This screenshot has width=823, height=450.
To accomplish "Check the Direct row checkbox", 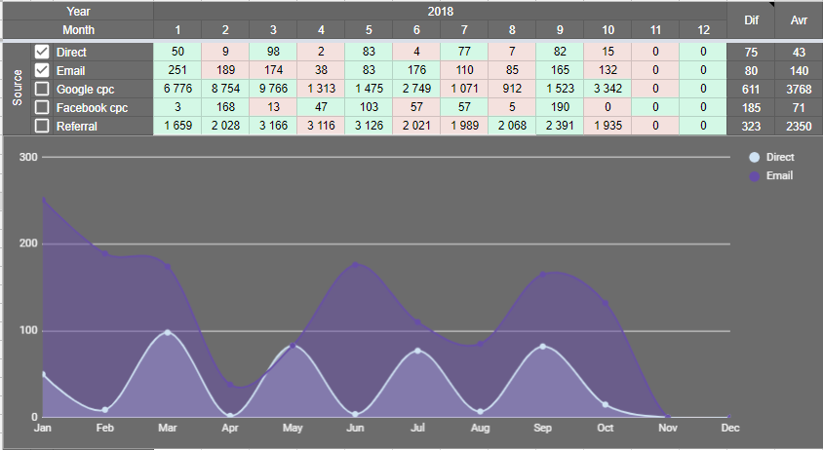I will pos(42,51).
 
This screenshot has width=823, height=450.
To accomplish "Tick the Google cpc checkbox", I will pos(42,89).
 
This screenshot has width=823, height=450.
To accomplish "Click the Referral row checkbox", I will pos(42,126).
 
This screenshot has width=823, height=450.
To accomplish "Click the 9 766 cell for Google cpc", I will pos(273,89).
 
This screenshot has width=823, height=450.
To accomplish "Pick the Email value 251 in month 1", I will pos(177,70).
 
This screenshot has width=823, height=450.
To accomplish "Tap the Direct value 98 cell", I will pos(273,51).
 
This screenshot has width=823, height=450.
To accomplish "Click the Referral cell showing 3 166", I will pos(273,126).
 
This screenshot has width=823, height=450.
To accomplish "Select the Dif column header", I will pos(751,19).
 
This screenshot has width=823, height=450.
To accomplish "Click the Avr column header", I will pos(799,19).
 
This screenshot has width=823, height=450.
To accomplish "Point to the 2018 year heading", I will pos(440,11).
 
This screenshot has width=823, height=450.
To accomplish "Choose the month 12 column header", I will pos(703,29).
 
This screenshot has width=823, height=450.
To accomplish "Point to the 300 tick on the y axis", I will pos(27,158).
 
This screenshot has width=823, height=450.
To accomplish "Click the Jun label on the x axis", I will pos(357,428).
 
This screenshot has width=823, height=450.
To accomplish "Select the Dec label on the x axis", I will pos(729,428).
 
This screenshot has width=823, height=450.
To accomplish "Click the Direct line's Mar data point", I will pos(168,333).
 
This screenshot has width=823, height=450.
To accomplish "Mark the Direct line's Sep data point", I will pos(542,347).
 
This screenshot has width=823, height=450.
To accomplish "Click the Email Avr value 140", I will pos(799,70).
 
